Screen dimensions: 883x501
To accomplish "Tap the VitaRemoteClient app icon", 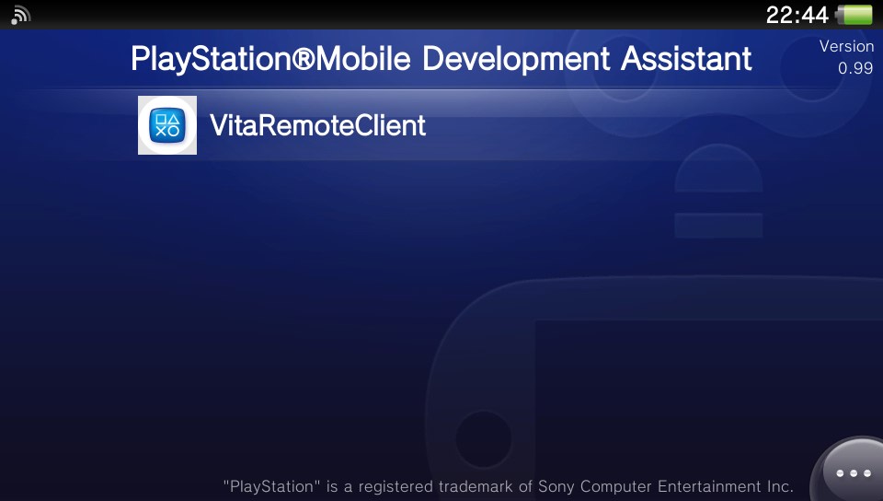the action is point(167,125).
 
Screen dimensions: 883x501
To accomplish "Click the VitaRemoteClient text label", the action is point(317,125).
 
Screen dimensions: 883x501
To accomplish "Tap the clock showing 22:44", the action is point(797,15).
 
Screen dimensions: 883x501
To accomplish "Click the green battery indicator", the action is point(854,15).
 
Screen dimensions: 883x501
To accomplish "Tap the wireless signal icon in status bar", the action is point(20,16).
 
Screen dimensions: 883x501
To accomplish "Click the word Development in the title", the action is point(516,59).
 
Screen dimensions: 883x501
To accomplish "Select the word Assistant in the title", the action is point(686,58).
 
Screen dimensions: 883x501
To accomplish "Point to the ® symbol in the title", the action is point(304,59).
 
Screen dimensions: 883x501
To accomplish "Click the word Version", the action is point(846,46).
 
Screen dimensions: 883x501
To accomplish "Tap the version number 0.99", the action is point(855,68).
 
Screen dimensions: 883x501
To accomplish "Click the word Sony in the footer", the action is point(556,486).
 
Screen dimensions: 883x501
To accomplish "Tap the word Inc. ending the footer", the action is point(780,486).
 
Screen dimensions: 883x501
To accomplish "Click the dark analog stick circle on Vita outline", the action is point(483,439).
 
